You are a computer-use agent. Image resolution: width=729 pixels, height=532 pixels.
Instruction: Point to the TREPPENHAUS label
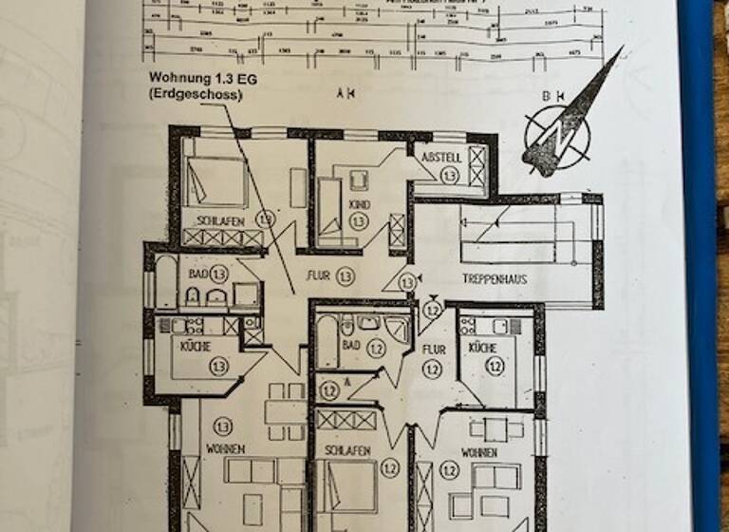point(495,279)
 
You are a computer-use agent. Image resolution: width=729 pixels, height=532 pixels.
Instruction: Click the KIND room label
point(358,203)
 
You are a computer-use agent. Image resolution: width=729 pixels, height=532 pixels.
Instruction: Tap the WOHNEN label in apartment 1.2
point(479,452)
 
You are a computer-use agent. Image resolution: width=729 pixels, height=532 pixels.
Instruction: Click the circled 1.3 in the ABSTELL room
point(449,176)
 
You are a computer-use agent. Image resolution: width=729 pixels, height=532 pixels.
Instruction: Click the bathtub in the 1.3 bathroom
point(166,280)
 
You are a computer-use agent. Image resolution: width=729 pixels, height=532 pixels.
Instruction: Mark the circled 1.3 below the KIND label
point(358,220)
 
